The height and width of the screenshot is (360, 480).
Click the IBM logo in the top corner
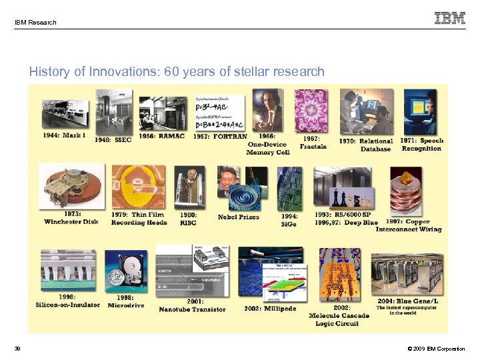(x=450, y=18)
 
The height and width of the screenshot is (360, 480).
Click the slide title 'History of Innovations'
(x=177, y=71)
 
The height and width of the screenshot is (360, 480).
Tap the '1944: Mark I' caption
(x=65, y=135)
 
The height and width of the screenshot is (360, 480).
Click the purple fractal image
(x=311, y=110)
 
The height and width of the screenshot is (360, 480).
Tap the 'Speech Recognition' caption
(x=422, y=145)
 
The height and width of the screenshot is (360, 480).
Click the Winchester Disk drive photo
(x=71, y=187)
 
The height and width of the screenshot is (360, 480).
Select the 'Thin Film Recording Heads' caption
(x=139, y=218)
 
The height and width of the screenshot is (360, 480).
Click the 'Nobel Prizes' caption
(x=238, y=217)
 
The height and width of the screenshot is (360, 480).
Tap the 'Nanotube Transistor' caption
(x=192, y=309)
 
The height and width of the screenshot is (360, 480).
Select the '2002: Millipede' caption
(x=271, y=308)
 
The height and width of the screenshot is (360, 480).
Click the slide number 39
(x=18, y=349)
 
